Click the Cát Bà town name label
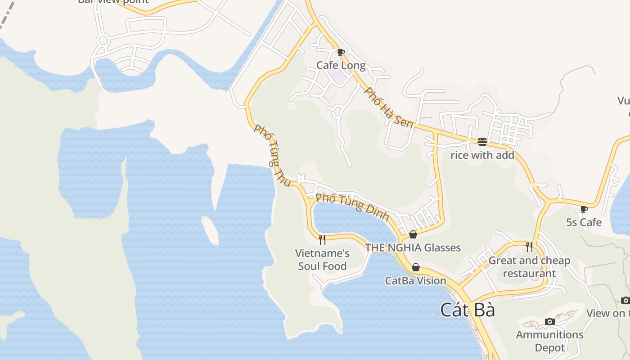tap(468, 310)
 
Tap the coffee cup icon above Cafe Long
tap(341, 52)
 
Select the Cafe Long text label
tap(341, 65)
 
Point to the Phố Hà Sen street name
tap(388, 107)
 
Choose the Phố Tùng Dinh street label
tap(352, 207)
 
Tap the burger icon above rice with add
tap(482, 142)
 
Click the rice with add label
tap(482, 155)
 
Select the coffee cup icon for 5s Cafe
tap(584, 209)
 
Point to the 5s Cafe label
tap(584, 222)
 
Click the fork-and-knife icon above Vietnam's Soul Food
tap(322, 239)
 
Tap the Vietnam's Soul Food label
tap(322, 260)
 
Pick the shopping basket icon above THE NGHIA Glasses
tap(413, 234)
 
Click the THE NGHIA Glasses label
tap(413, 247)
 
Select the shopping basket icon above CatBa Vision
tap(416, 268)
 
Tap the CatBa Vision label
tap(416, 281)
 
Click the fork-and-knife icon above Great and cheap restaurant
tap(529, 247)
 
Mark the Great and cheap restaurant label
tap(529, 267)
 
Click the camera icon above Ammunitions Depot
tap(549, 321)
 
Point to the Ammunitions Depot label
tap(549, 341)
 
